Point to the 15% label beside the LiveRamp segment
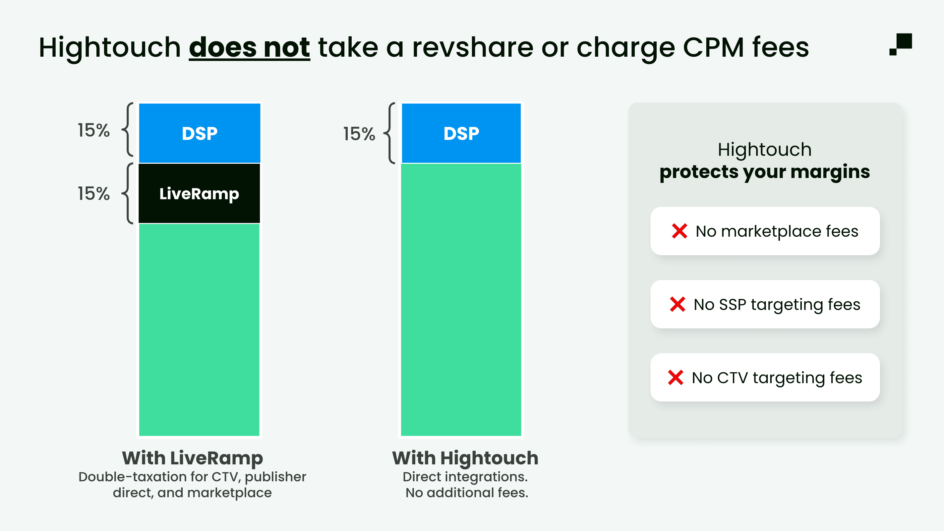(93, 194)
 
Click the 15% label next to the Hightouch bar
(359, 134)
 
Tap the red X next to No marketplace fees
(679, 231)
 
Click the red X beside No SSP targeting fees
(677, 304)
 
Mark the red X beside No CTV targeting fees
(676, 378)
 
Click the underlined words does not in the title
(249, 48)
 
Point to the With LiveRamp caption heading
(192, 458)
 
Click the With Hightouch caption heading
(465, 458)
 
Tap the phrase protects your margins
(764, 171)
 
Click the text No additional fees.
(466, 493)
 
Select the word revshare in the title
(472, 48)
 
